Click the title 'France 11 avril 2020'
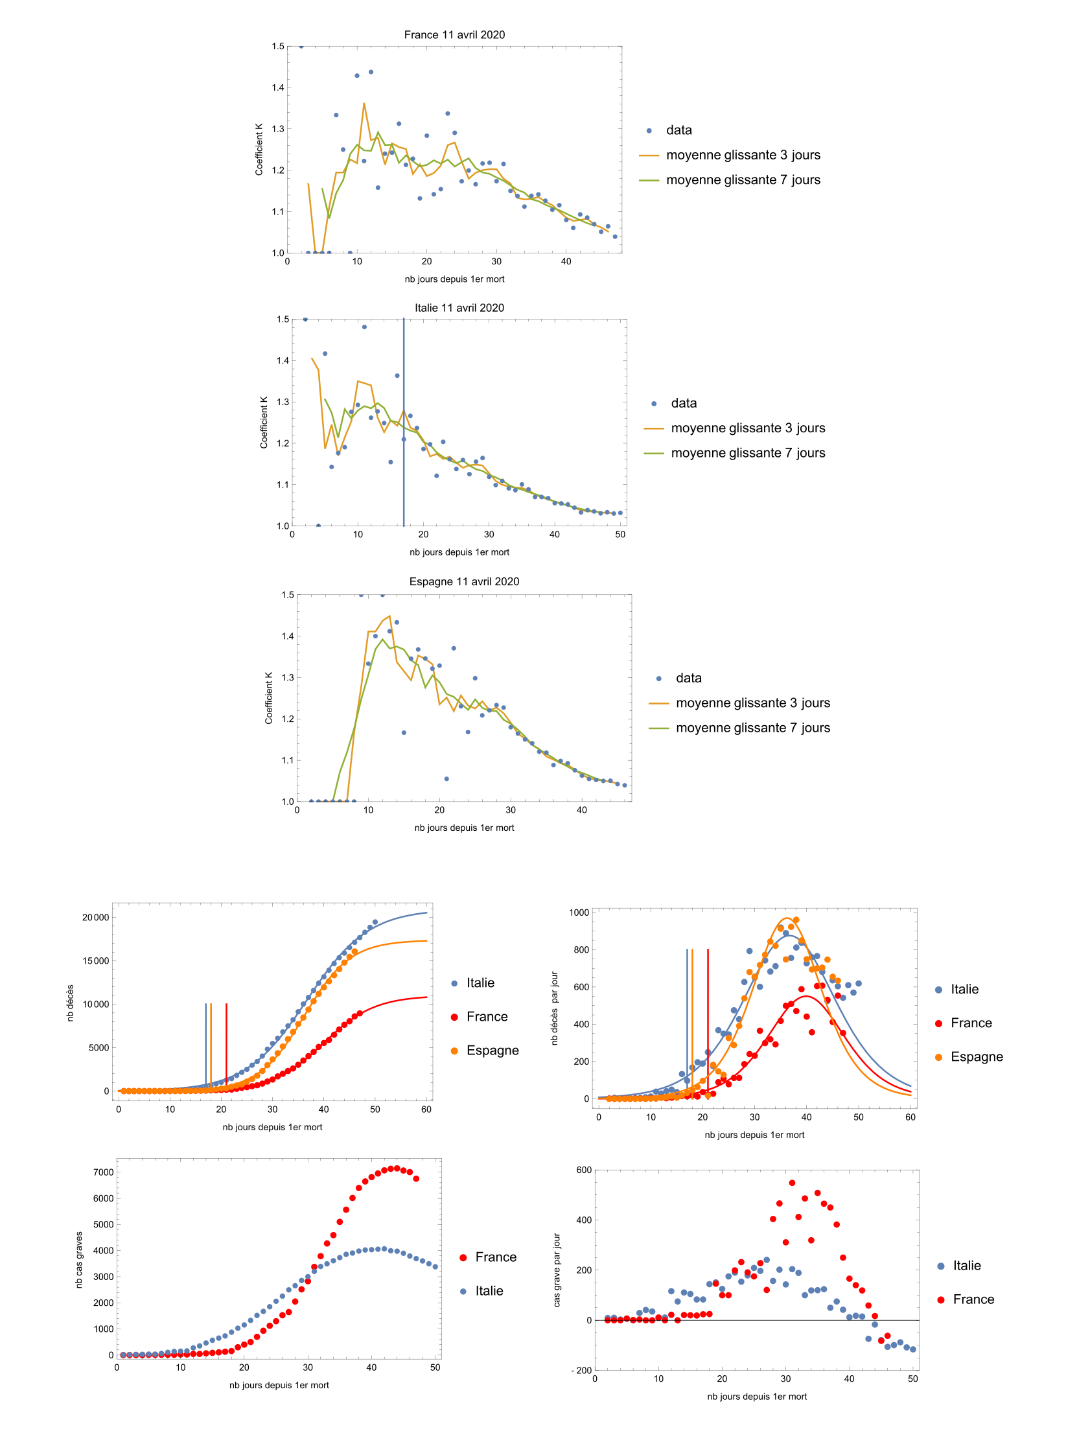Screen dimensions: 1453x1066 (x=454, y=35)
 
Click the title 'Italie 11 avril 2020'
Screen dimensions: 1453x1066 (x=459, y=308)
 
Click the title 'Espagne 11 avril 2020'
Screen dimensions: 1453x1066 (x=464, y=582)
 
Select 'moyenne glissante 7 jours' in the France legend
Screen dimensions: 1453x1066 (x=743, y=180)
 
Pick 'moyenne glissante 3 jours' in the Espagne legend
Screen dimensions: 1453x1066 (x=752, y=703)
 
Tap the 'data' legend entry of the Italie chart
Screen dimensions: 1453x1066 (x=684, y=403)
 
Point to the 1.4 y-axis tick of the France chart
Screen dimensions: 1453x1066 (x=278, y=87)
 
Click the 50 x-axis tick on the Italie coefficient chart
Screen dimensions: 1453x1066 (x=620, y=535)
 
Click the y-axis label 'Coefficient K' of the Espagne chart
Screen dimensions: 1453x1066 (x=268, y=698)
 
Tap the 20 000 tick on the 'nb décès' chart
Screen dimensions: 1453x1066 (x=95, y=918)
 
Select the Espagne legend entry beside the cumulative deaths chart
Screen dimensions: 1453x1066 (x=492, y=1051)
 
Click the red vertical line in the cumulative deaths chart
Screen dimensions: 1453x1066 (x=226, y=1043)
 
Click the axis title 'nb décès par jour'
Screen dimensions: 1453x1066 (x=554, y=1008)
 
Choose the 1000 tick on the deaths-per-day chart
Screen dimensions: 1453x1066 (x=579, y=912)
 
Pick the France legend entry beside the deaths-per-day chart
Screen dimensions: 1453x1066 (x=971, y=1023)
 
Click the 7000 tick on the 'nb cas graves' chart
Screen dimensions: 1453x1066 (x=103, y=1172)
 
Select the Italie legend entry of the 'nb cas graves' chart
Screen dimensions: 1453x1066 (x=489, y=1291)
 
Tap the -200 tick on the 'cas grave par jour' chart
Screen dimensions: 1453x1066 (x=581, y=1371)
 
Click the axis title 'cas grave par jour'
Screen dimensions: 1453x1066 (x=557, y=1270)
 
